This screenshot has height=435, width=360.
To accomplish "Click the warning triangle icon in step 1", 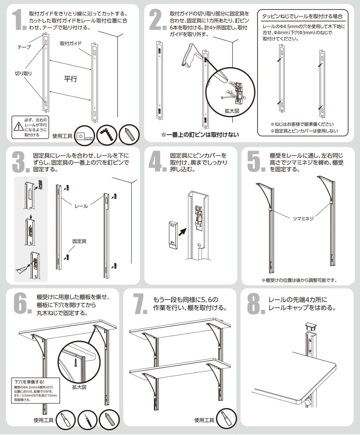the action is coord(19,127).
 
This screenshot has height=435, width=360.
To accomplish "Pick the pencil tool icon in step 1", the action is coord(129,135).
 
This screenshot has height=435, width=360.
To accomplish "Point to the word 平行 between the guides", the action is coord(70,79).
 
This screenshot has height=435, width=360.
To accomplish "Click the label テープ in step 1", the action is coord(24,47).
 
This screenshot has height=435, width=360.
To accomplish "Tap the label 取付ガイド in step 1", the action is coord(71,43).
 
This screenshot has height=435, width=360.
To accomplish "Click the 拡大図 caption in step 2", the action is coord(232,111).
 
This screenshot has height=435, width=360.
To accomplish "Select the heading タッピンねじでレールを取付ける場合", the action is coord(302,16).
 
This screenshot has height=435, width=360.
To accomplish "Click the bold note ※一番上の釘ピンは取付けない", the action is coord(200,135).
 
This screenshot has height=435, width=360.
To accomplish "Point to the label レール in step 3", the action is coord(81,206).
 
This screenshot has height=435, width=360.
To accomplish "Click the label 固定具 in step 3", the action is coord(79,241).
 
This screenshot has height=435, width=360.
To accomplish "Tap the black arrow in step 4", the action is coord(182,232).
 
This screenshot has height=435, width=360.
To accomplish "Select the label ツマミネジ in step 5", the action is coord(303,218).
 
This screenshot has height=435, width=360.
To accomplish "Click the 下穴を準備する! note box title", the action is coord(29,382).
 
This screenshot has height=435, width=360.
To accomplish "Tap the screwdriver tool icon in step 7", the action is coord(226,418).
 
